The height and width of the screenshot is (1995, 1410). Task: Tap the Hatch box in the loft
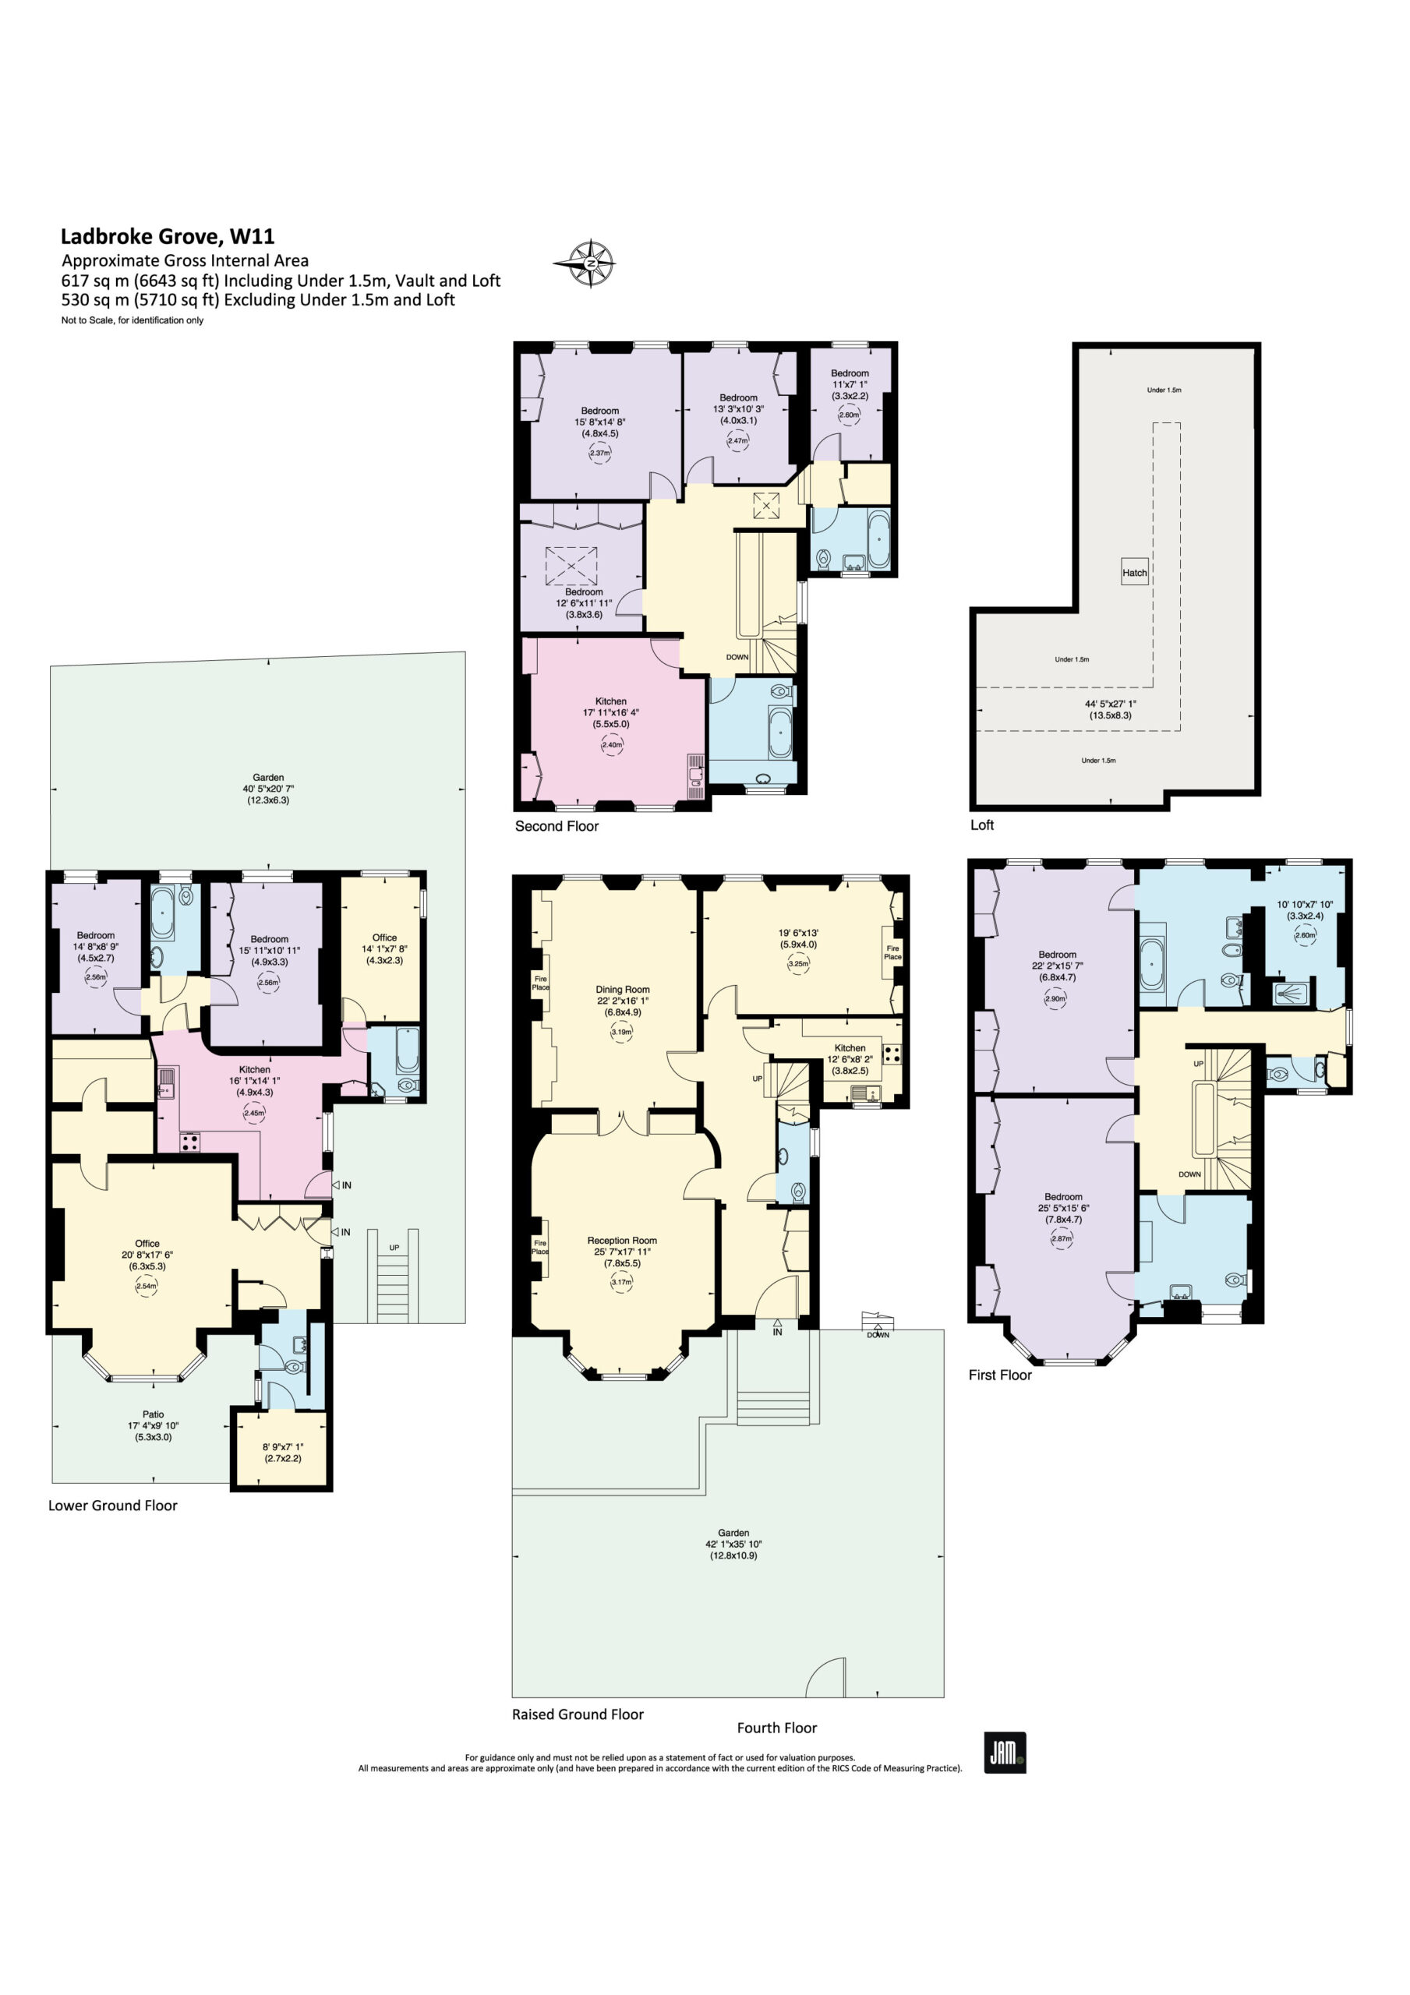(x=1134, y=572)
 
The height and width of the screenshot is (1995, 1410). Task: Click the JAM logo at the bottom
(x=1005, y=1753)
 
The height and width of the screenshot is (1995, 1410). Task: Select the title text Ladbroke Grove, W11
(x=167, y=235)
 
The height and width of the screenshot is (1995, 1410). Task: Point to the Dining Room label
(x=623, y=989)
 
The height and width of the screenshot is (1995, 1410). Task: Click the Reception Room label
(x=621, y=1240)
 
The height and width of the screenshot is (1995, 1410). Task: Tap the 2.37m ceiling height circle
(x=600, y=453)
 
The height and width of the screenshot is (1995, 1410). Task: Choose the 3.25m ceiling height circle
(x=798, y=962)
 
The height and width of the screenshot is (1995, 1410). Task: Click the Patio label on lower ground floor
(x=153, y=1414)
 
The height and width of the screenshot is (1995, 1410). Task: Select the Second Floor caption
(x=557, y=825)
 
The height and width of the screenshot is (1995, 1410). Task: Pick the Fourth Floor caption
(x=776, y=1728)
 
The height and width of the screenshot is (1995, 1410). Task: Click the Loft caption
(x=981, y=824)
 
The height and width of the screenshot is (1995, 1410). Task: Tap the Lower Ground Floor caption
(x=113, y=1505)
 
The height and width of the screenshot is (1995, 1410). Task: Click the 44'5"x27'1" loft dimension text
(x=1110, y=704)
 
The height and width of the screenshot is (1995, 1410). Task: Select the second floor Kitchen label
(x=611, y=701)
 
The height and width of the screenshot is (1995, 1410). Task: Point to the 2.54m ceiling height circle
(x=147, y=1286)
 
